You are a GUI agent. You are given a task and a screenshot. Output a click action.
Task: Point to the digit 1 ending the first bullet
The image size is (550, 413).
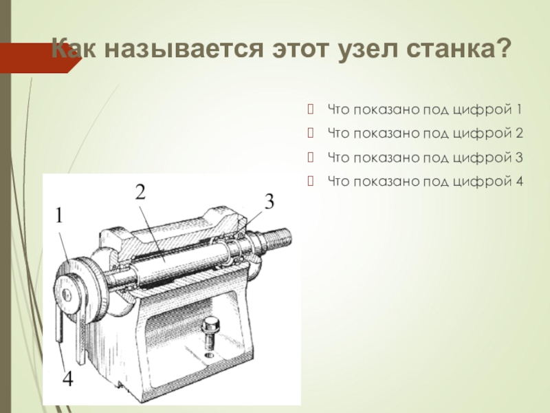[x=519, y=109]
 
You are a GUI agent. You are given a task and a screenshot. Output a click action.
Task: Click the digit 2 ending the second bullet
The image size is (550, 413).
[x=519, y=133]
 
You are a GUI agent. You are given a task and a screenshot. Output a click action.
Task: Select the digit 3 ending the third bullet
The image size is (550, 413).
[x=519, y=157]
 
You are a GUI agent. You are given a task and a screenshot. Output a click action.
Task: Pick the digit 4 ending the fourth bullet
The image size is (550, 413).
[x=519, y=181]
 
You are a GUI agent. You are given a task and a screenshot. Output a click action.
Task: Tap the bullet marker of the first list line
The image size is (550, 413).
[x=310, y=109]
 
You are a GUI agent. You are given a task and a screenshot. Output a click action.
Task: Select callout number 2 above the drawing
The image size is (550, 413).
[x=140, y=193]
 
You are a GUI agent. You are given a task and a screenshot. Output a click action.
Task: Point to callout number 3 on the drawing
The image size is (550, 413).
[x=269, y=202]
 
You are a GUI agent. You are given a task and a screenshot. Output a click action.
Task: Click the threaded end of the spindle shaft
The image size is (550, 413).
[x=278, y=237]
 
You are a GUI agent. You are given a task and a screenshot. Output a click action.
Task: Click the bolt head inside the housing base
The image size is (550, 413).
[x=210, y=323]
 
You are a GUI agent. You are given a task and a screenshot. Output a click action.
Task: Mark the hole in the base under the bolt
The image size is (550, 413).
[x=210, y=355]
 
